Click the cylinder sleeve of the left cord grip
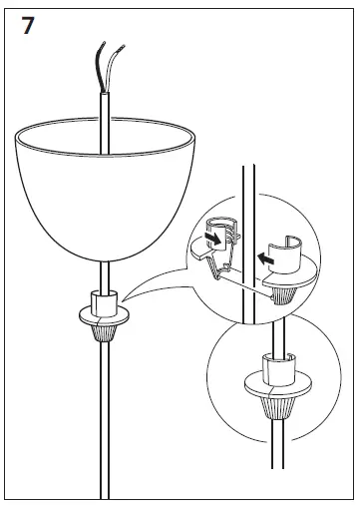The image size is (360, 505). coord(103,298)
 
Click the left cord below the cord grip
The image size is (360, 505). coord(103,419)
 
